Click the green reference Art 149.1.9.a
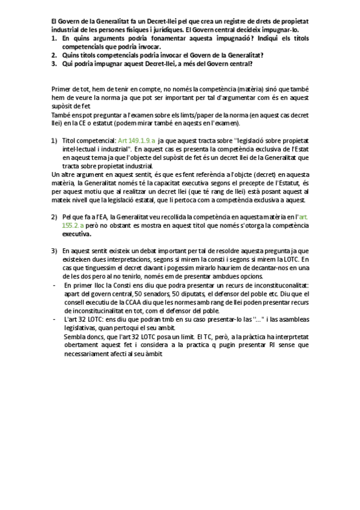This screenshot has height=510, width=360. (137, 140)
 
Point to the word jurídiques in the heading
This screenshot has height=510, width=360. (169, 28)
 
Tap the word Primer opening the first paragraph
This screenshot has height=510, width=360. (63, 89)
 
